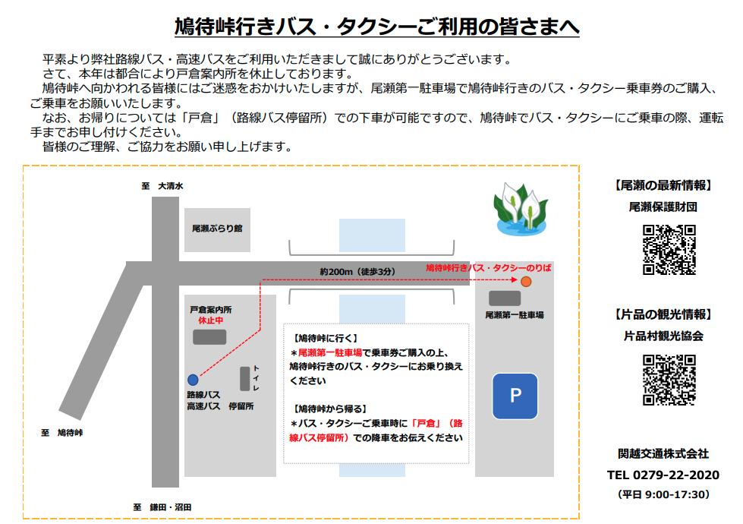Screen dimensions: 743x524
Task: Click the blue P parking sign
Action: pyautogui.click(x=515, y=396)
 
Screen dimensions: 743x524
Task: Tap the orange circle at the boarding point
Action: pyautogui.click(x=526, y=282)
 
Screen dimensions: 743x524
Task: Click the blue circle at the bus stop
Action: pyautogui.click(x=193, y=380)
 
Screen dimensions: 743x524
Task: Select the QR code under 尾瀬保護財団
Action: pyautogui.click(x=669, y=250)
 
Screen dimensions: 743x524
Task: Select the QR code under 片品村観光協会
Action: pyautogui.click(x=669, y=380)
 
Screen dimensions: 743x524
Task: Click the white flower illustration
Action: pyautogui.click(x=521, y=209)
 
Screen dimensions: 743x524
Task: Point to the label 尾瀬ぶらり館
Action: pyautogui.click(x=217, y=229)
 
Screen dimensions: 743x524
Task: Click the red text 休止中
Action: pyautogui.click(x=210, y=320)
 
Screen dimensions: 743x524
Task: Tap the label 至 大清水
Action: pyautogui.click(x=162, y=186)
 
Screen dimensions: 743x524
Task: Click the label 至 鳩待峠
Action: pyautogui.click(x=62, y=432)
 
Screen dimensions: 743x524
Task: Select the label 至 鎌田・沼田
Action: pyautogui.click(x=162, y=507)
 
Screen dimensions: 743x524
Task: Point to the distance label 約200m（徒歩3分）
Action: pyautogui.click(x=357, y=272)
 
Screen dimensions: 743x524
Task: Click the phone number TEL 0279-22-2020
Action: pyautogui.click(x=663, y=475)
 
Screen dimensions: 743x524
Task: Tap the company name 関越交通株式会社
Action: pyautogui.click(x=663, y=454)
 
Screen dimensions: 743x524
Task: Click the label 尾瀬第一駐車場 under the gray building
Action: pyautogui.click(x=514, y=315)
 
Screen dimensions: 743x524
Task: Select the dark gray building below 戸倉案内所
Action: pyautogui.click(x=209, y=337)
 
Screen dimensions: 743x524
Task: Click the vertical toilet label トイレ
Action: pyautogui.click(x=256, y=378)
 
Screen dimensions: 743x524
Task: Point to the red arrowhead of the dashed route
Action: pyautogui.click(x=515, y=279)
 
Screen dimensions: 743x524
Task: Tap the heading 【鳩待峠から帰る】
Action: pyautogui.click(x=330, y=409)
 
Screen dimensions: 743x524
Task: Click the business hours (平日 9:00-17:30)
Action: pyautogui.click(x=663, y=494)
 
